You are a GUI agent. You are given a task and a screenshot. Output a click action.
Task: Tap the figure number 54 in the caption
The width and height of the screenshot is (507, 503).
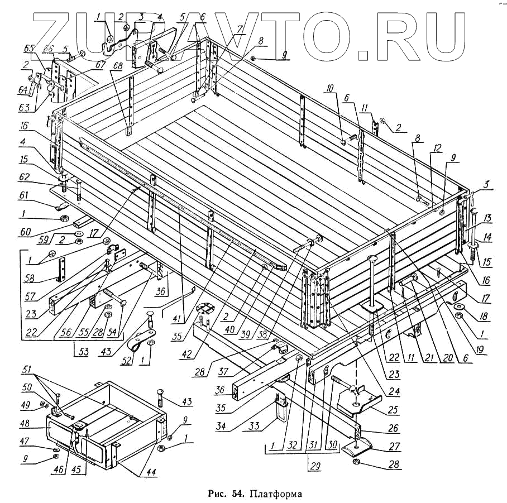point(237,494)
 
